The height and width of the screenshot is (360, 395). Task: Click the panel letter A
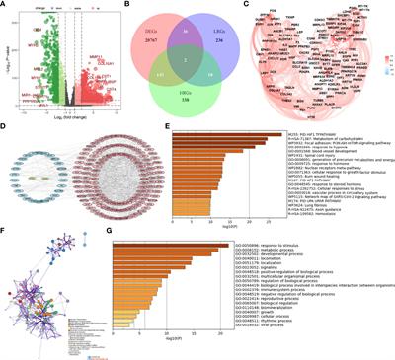[x=6, y=6]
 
